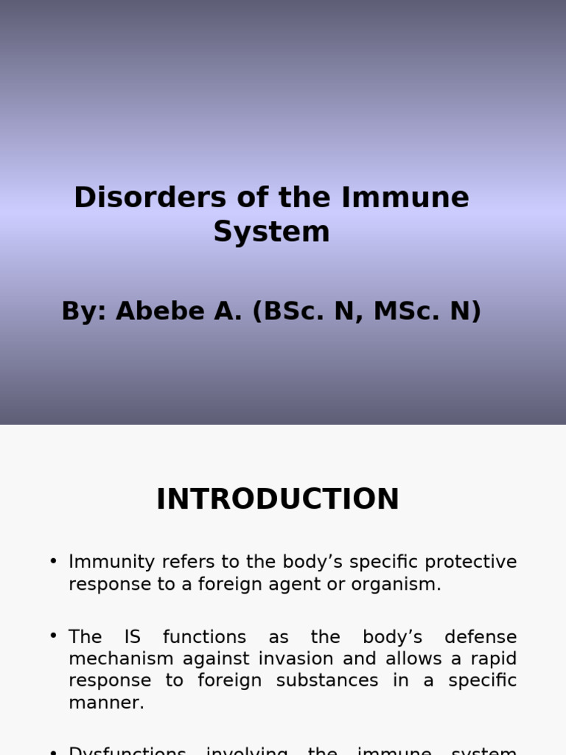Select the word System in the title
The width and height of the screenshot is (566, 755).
(271, 232)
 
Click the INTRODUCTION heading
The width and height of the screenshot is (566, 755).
(277, 499)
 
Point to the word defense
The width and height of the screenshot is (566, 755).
(481, 637)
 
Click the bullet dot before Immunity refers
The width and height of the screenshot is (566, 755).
(53, 561)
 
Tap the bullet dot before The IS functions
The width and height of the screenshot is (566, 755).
(53, 636)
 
